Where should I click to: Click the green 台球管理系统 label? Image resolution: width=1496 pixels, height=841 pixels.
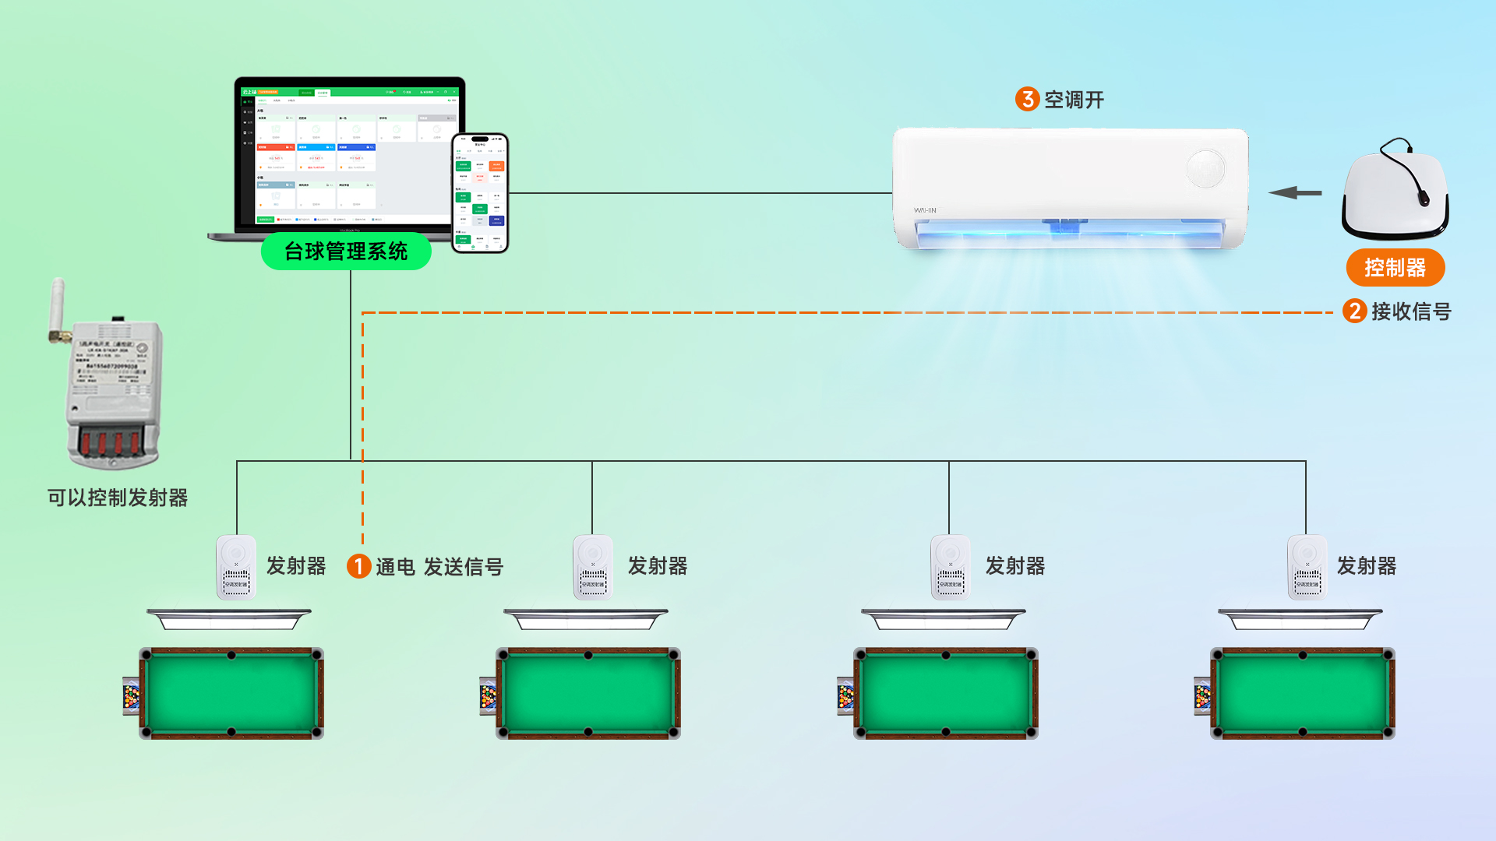click(x=346, y=252)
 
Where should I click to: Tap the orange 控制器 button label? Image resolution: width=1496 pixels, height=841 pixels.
click(x=1395, y=268)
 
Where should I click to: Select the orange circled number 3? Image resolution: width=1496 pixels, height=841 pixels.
click(x=1027, y=99)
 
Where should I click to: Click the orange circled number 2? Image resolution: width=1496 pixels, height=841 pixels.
click(x=1354, y=311)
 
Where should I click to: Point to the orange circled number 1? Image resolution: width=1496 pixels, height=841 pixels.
click(x=358, y=566)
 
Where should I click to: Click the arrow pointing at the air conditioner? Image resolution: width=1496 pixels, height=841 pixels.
click(x=1295, y=192)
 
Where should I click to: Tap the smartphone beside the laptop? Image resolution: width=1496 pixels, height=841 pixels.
click(x=480, y=193)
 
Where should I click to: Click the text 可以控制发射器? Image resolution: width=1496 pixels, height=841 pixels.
click(x=118, y=498)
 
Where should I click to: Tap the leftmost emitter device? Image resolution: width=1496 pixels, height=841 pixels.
click(x=236, y=567)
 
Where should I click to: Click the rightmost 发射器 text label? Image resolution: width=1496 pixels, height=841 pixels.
click(x=1366, y=566)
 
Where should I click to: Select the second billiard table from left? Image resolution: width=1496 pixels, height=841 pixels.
click(x=588, y=693)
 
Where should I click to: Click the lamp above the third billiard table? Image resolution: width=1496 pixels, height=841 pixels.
click(x=943, y=620)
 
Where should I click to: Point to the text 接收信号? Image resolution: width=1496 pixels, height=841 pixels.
click(x=1411, y=311)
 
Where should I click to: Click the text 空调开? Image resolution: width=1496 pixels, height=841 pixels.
click(x=1074, y=100)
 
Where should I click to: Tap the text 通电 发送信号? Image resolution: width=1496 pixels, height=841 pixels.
click(x=439, y=567)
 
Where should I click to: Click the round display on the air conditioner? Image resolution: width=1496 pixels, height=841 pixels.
click(x=1205, y=168)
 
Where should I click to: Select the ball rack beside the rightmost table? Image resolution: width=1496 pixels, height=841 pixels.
click(x=1202, y=696)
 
